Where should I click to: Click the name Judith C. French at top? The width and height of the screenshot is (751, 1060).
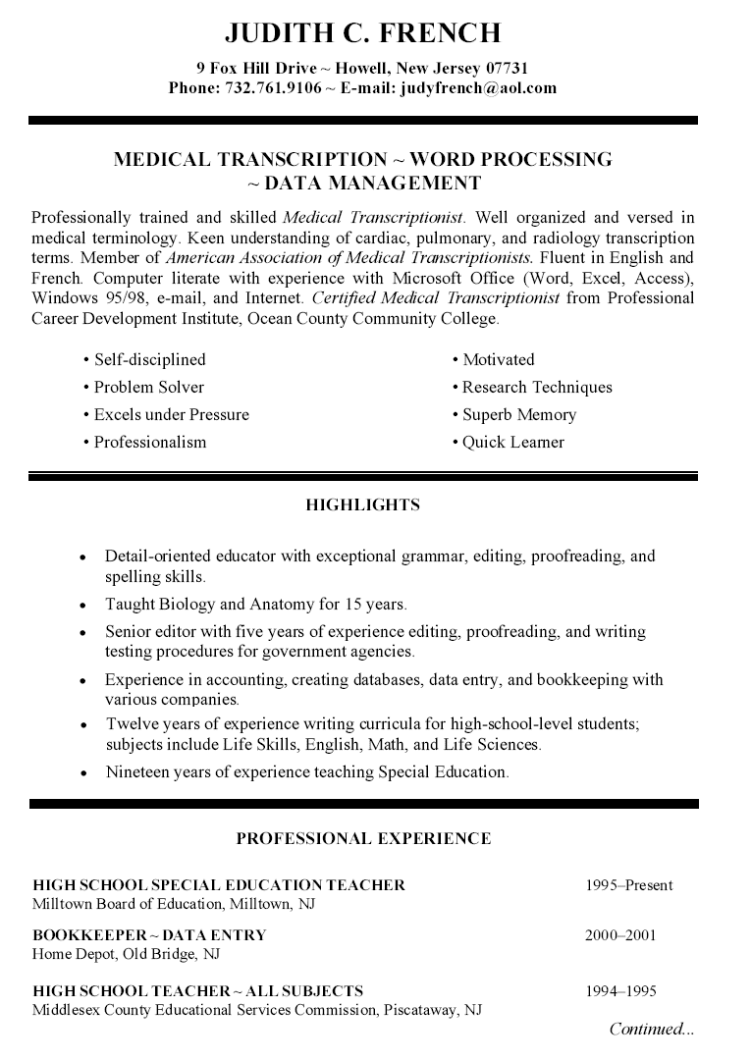(362, 34)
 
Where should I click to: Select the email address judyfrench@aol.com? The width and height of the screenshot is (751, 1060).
(476, 87)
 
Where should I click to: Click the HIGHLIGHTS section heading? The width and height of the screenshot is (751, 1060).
(362, 505)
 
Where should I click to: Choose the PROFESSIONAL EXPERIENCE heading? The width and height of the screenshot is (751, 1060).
(363, 838)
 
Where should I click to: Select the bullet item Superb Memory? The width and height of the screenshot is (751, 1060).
(518, 414)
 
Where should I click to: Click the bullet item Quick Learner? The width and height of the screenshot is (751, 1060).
(512, 442)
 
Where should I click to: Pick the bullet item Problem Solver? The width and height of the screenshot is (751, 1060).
(148, 387)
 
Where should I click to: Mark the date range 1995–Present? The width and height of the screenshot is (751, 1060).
(628, 885)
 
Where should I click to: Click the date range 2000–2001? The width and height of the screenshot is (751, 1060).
(620, 935)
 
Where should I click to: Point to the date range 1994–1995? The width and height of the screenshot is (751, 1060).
(620, 991)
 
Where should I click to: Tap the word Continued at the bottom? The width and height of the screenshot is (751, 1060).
(644, 1029)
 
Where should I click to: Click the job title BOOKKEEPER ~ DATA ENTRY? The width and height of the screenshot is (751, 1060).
(149, 935)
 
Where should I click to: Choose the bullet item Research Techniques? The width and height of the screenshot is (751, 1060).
(536, 387)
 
